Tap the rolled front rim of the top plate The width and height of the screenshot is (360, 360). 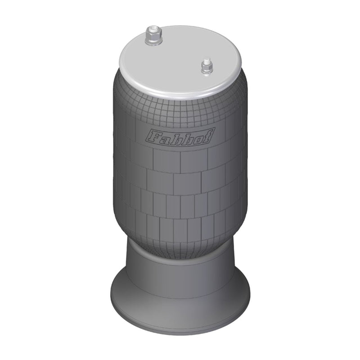[180, 93]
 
